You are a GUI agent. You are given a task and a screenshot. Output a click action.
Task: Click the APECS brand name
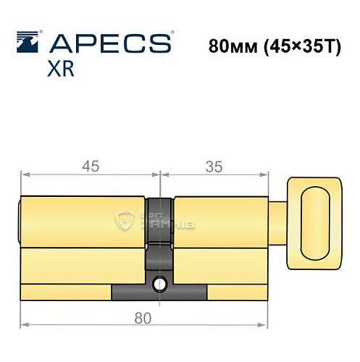click(109, 42)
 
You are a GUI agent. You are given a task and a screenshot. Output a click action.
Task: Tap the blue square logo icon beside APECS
click(28, 43)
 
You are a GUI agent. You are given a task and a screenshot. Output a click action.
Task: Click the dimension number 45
click(90, 166)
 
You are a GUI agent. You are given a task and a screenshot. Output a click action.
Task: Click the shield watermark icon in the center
click(127, 222)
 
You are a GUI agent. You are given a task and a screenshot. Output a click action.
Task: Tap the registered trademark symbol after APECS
click(172, 33)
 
